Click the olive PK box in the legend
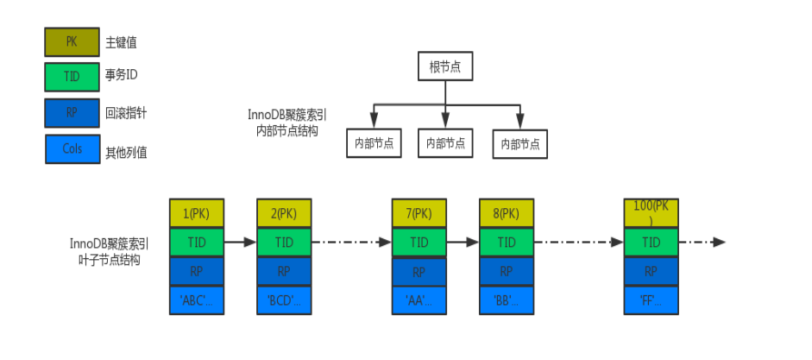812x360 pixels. [72, 41]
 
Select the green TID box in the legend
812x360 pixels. [72, 77]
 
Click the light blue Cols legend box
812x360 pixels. [72, 148]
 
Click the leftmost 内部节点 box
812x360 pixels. [373, 143]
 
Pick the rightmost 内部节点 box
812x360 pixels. [520, 144]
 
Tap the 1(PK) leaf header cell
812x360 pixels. [197, 213]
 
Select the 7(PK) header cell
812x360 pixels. [419, 213]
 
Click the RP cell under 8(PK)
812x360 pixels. [506, 272]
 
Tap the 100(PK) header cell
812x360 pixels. [651, 212]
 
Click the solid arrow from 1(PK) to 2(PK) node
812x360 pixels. [240, 243]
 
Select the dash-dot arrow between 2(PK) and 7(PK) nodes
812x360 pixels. [351, 243]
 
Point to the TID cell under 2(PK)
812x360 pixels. [283, 243]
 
